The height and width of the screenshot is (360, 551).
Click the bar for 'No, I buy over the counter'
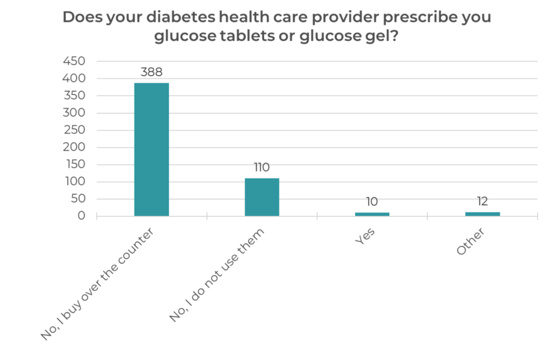click(151, 149)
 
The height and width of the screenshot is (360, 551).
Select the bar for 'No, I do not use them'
click(262, 197)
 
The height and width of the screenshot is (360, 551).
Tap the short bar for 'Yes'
click(372, 214)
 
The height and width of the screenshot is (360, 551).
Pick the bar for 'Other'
click(482, 214)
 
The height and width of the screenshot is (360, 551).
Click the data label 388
click(151, 72)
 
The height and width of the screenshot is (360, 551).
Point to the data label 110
click(262, 167)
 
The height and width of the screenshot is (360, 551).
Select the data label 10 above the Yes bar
click(372, 202)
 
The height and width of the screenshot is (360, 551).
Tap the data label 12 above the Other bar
click(482, 201)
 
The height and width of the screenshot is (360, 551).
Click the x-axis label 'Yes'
click(365, 237)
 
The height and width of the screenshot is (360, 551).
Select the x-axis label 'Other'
click(471, 242)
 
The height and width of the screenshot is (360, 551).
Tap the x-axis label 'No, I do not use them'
click(218, 276)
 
